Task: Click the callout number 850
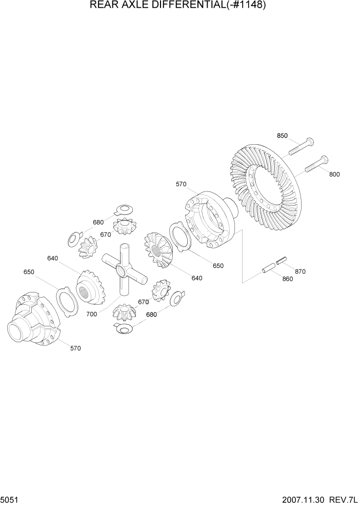(282, 135)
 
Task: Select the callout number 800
(334, 174)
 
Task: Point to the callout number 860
(287, 279)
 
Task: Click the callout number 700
(91, 314)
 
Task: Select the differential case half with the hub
(34, 319)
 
